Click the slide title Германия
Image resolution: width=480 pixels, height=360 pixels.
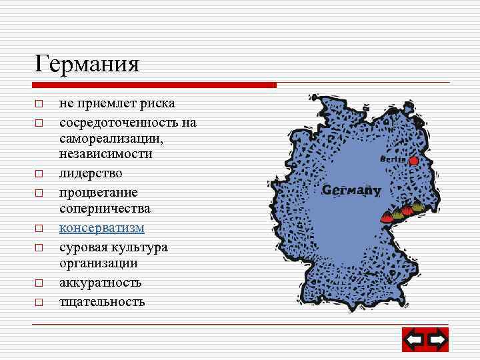[x=87, y=64]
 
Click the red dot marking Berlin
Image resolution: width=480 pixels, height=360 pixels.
[x=414, y=160]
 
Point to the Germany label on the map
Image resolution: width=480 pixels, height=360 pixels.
[x=351, y=191]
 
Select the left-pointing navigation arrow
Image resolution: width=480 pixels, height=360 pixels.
[x=414, y=341]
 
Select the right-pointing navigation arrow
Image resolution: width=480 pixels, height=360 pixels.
[x=437, y=341]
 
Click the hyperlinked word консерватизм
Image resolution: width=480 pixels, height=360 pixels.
[x=101, y=228]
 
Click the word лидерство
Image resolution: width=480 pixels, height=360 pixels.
[x=91, y=173]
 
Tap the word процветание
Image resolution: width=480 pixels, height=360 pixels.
[x=98, y=192]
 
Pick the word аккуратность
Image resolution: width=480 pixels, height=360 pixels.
[x=100, y=283]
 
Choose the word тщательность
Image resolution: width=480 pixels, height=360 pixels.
[x=101, y=301]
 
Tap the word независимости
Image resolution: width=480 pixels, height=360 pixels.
[x=105, y=153]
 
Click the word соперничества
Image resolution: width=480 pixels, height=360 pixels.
[x=105, y=209]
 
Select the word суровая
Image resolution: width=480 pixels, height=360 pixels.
[x=83, y=247]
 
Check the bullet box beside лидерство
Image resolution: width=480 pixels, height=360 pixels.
[x=39, y=173]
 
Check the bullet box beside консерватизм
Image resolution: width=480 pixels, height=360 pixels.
[x=39, y=229]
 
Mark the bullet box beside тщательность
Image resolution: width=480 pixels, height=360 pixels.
[x=39, y=302]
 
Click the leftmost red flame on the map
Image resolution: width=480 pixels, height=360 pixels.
[x=387, y=217]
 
